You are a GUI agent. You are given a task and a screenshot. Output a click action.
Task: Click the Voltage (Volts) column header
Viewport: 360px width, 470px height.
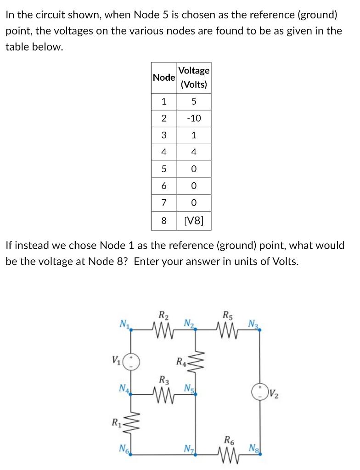(194, 77)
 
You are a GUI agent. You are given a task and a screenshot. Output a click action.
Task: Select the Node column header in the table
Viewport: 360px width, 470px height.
(163, 77)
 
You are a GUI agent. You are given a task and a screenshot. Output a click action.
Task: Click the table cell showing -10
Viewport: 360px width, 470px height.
(194, 118)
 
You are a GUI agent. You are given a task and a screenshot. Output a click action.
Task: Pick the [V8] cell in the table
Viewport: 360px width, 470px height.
(194, 221)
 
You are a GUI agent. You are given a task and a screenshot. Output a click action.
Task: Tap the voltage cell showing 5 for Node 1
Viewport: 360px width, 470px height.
(194, 101)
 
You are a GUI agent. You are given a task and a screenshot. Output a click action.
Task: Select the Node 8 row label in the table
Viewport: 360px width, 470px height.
(163, 221)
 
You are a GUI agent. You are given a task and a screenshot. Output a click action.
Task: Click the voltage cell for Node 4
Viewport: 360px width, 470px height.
(194, 152)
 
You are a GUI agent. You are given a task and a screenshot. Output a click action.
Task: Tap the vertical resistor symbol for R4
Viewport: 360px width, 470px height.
(196, 363)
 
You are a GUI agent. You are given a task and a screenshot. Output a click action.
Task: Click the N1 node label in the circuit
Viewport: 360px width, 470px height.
(124, 325)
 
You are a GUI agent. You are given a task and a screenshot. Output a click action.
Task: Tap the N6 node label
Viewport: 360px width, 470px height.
(123, 448)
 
